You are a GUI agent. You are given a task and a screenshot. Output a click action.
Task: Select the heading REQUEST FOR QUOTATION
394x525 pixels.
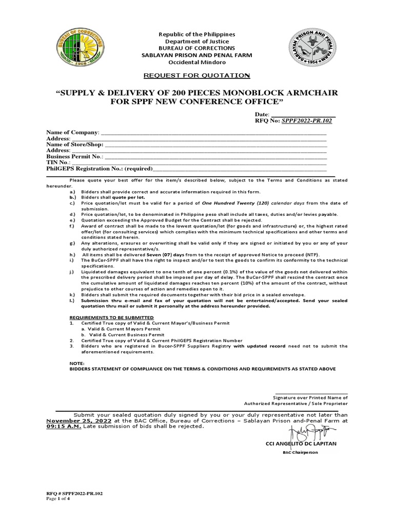click(196, 76)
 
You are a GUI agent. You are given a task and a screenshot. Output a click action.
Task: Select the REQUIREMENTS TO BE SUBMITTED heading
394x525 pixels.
click(104, 318)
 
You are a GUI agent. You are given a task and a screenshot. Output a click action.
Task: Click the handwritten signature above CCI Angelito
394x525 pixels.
click(307, 430)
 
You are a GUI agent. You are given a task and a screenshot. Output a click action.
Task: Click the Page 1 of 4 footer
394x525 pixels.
click(58, 498)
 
